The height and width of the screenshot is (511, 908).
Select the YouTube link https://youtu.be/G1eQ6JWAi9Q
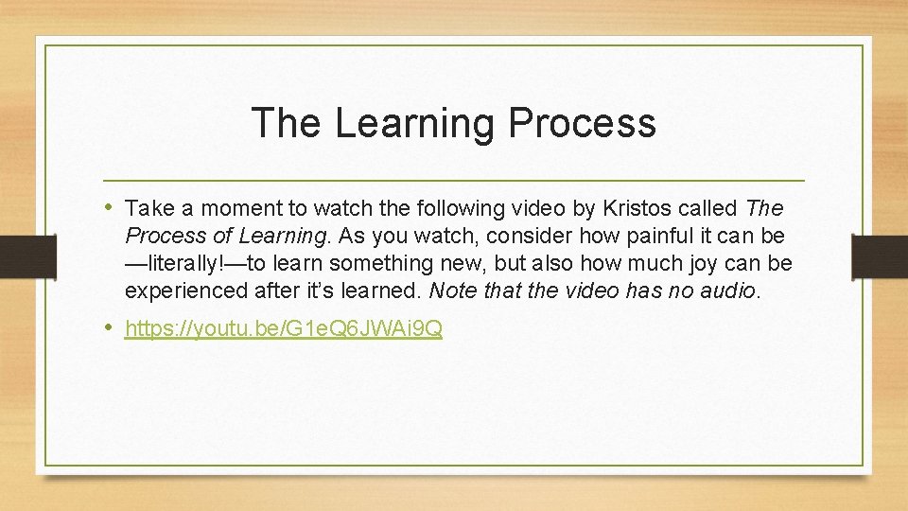(x=284, y=329)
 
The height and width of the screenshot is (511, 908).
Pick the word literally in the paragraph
(x=195, y=262)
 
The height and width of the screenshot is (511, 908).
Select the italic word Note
(x=452, y=290)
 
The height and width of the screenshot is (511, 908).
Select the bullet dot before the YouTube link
(x=110, y=328)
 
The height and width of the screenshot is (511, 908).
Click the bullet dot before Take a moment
(x=110, y=206)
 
